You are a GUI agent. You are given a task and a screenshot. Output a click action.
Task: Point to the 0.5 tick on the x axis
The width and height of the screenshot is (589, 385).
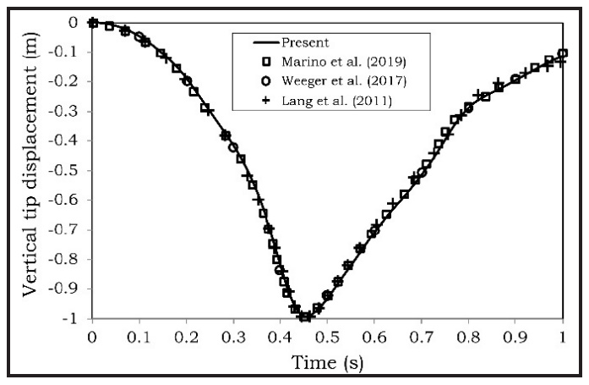click(x=327, y=336)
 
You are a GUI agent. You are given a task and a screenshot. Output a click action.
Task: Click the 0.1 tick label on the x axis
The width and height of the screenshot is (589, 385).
click(x=139, y=336)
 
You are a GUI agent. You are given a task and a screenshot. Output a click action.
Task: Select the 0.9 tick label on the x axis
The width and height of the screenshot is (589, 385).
click(x=515, y=336)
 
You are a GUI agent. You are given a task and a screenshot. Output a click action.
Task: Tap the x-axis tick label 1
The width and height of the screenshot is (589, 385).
click(x=563, y=336)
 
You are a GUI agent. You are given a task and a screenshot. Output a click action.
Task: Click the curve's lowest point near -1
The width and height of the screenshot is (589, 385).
click(x=305, y=317)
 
